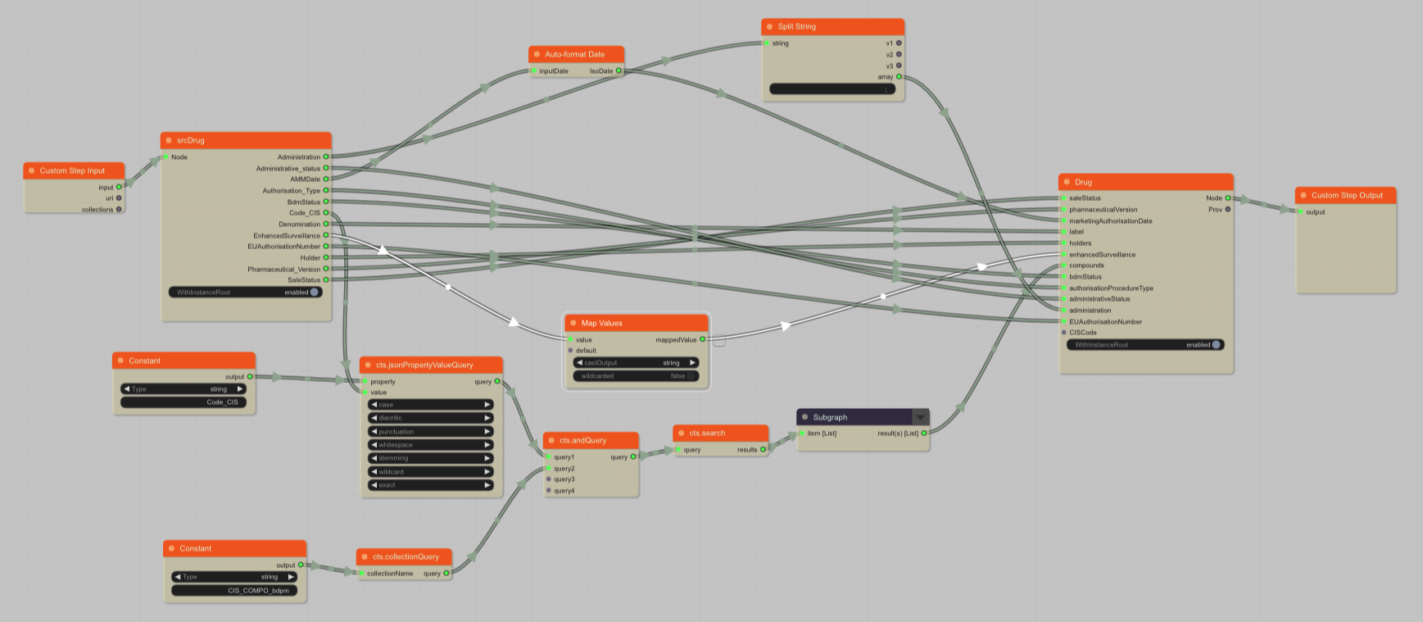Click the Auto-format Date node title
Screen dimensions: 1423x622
(x=574, y=54)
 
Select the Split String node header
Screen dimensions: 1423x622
(x=796, y=26)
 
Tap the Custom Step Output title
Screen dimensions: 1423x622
(x=1346, y=195)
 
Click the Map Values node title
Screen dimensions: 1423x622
(x=601, y=323)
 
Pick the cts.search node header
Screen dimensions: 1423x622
(x=706, y=433)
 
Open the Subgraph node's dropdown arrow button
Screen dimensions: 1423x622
(x=921, y=417)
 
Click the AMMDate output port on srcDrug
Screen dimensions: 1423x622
(x=326, y=179)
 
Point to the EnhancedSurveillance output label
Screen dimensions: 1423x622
(x=287, y=235)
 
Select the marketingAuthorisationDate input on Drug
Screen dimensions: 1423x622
(x=1110, y=220)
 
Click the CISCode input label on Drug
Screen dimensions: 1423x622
(x=1082, y=333)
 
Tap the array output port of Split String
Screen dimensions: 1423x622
(x=899, y=77)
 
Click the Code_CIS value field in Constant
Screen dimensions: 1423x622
(x=184, y=402)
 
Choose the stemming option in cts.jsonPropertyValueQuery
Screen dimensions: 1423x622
(x=431, y=458)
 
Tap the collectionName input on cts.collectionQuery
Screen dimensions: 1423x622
(x=389, y=574)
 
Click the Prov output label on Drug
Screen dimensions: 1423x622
(x=1215, y=210)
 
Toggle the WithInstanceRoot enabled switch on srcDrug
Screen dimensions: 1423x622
(x=314, y=292)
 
